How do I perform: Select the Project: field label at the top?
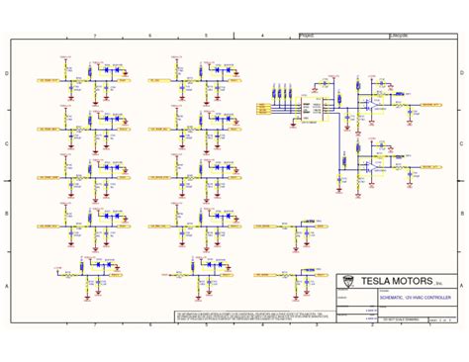coord(308,35)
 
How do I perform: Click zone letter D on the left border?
coord(7,73)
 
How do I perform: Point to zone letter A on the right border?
coord(462,284)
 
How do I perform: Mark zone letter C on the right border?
coord(462,143)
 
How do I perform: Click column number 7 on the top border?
coord(94,35)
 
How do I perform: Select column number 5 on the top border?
coord(206,35)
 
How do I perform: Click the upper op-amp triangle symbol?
coord(372,104)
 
